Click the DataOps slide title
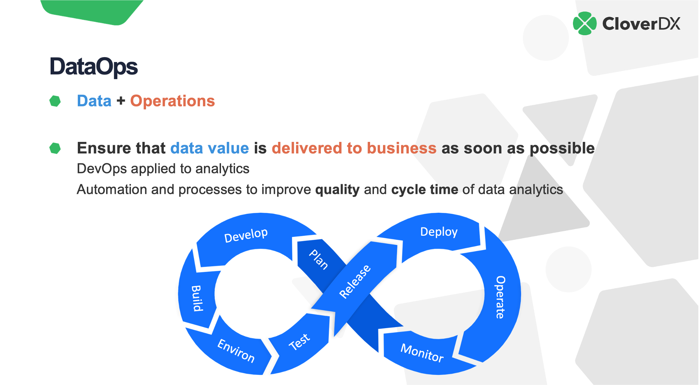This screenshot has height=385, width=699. click(94, 66)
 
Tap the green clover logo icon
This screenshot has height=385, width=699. click(584, 23)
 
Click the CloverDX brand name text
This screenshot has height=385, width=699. click(641, 24)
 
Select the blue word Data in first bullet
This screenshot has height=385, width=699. click(94, 101)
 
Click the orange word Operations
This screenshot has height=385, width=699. click(172, 101)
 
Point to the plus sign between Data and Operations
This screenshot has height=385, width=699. click(121, 101)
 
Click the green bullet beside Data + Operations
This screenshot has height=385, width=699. click(55, 101)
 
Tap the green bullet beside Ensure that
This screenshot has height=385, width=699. click(55, 148)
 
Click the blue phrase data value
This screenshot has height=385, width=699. click(209, 148)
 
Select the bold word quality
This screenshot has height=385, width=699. click(337, 190)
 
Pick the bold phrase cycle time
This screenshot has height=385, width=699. click(425, 190)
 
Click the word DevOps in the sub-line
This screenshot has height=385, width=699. click(102, 169)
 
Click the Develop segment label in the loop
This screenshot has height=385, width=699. click(246, 235)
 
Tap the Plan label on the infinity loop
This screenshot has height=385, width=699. click(318, 259)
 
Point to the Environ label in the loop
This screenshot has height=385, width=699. click(236, 350)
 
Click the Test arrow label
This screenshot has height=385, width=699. click(299, 341)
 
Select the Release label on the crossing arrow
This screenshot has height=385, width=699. click(355, 281)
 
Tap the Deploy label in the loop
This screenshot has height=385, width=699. click(439, 232)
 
